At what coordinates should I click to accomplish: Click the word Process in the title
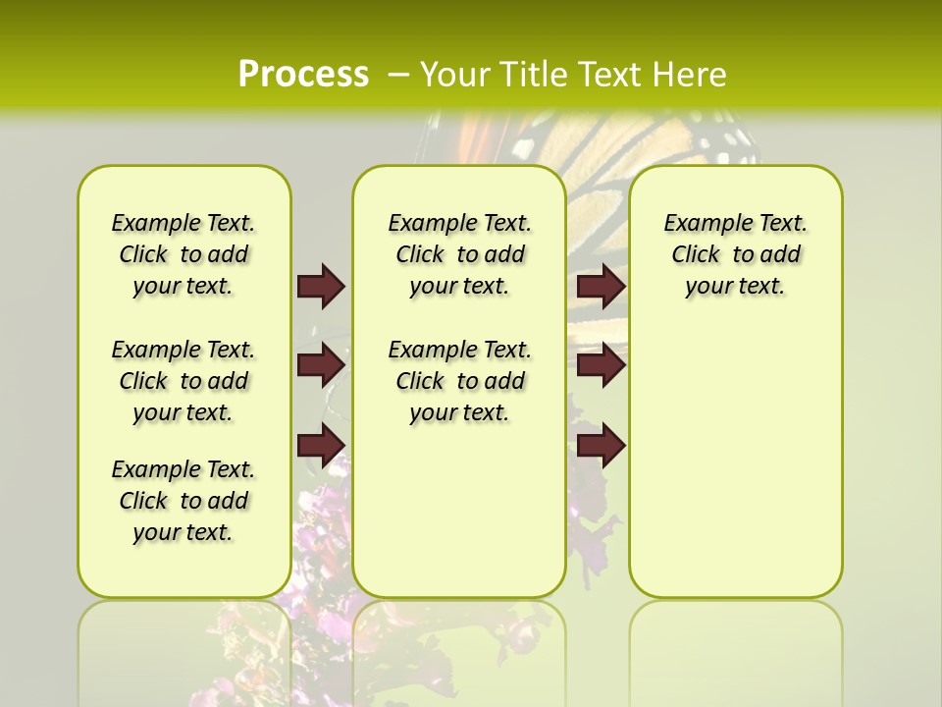(303, 74)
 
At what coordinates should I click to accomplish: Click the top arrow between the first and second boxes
(320, 286)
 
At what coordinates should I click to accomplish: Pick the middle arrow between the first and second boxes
(320, 365)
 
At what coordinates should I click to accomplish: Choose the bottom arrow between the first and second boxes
(320, 445)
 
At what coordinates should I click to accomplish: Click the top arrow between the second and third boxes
(601, 286)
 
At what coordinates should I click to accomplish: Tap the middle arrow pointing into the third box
(601, 365)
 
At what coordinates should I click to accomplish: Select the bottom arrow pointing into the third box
(601, 445)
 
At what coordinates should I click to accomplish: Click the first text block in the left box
(183, 254)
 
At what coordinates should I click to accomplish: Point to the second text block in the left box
(183, 381)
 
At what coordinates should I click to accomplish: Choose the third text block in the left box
(183, 501)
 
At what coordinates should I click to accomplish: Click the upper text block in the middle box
(459, 254)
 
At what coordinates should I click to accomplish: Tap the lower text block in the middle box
(459, 381)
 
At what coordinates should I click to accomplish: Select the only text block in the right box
(736, 254)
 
